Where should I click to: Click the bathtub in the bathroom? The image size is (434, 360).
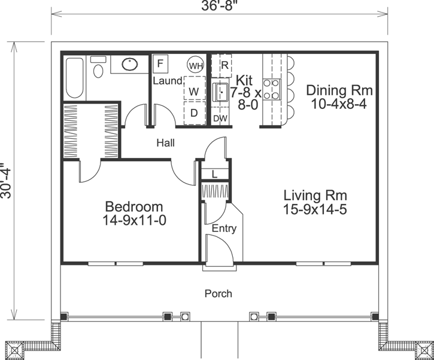(75, 78)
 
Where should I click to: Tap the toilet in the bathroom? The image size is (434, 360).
(98, 68)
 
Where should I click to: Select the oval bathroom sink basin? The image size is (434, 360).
(129, 65)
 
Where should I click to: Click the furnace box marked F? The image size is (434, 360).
(160, 64)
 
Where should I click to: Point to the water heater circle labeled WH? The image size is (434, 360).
(196, 65)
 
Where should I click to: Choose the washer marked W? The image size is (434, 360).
(195, 88)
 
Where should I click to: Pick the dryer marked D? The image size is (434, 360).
(195, 113)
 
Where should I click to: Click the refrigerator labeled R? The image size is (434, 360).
(221, 66)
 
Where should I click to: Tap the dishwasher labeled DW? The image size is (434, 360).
(220, 118)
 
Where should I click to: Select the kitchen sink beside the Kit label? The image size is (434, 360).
(220, 92)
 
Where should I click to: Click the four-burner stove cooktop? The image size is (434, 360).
(271, 90)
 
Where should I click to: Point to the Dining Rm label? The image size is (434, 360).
(339, 90)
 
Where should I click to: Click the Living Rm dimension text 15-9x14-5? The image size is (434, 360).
(315, 209)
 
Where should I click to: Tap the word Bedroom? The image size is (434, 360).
(134, 207)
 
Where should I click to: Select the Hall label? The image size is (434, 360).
(165, 143)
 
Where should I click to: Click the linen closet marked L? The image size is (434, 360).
(214, 174)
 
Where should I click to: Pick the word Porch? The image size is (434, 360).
(218, 294)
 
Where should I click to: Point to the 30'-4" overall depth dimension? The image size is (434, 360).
(6, 181)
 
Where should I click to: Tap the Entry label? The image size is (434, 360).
(224, 228)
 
